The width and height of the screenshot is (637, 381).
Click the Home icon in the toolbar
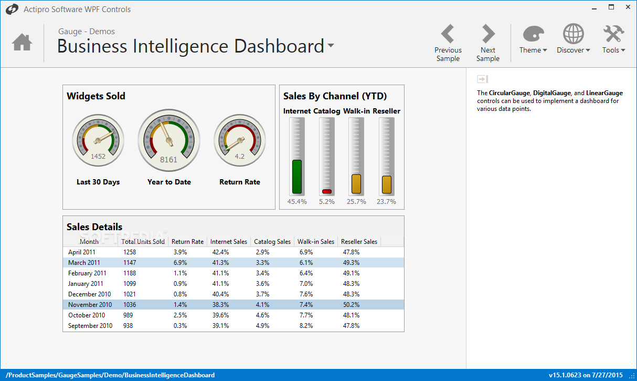pos(22,42)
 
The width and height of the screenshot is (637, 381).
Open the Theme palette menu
pos(533,40)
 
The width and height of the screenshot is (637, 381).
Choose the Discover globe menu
pos(573,40)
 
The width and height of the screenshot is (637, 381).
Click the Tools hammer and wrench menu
pos(613,40)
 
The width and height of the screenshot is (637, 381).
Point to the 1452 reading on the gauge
pos(98,156)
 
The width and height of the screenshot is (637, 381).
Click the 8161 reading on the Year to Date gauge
pos(168,160)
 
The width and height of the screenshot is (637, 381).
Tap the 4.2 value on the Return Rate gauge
pos(240,156)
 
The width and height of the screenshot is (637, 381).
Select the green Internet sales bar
pos(297,177)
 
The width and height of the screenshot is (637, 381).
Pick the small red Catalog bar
pos(326,191)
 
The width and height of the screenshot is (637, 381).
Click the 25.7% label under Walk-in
pos(356,202)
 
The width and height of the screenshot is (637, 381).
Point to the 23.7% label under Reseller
pos(386,202)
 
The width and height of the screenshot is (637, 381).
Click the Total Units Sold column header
pos(143,242)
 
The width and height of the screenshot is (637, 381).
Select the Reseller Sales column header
pos(359,242)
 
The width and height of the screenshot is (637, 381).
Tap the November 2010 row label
pos(90,305)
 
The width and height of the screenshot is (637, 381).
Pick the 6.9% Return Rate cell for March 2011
pos(180,263)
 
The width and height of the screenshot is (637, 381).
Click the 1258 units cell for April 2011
pos(130,252)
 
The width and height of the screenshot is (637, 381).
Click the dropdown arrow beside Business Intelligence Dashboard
pos(331,46)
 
